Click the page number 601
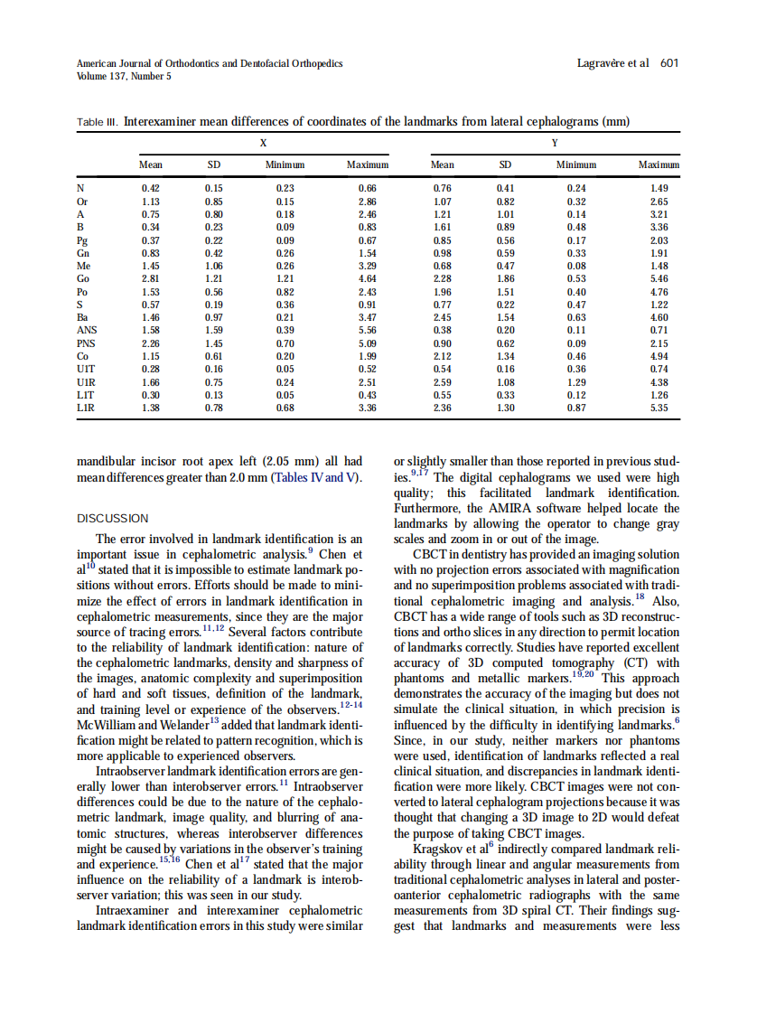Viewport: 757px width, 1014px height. (x=669, y=63)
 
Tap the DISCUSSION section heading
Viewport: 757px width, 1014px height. (x=111, y=519)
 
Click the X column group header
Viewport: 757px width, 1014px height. (x=263, y=143)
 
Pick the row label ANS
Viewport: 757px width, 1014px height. (x=88, y=331)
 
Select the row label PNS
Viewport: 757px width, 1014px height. (x=88, y=343)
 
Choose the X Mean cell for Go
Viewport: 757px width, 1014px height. (x=151, y=279)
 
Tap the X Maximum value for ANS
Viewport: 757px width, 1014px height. (x=367, y=331)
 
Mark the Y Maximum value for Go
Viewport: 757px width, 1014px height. (x=659, y=279)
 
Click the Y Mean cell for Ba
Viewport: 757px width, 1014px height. (x=442, y=318)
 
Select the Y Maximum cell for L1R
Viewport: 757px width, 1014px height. (x=659, y=408)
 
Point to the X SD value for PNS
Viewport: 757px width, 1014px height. (x=214, y=343)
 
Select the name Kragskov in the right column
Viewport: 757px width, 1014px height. (x=439, y=850)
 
